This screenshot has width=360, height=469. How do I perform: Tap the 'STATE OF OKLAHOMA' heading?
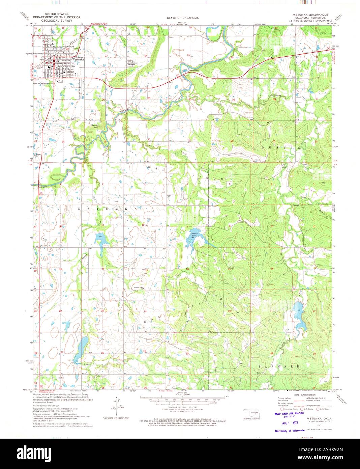click(182, 18)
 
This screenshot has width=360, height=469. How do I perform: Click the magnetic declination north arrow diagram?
click(116, 403)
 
